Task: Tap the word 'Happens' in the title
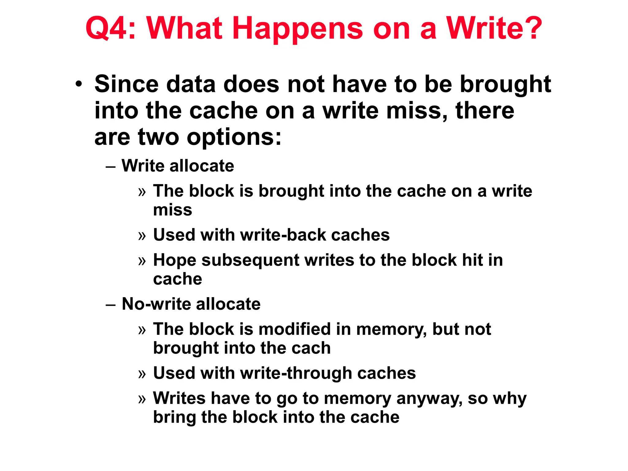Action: pyautogui.click(x=297, y=29)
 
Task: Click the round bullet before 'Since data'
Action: pyautogui.click(x=79, y=84)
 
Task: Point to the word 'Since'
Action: pyautogui.click(x=126, y=84)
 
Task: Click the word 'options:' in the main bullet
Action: pyautogui.click(x=234, y=137)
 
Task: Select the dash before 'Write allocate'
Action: pyautogui.click(x=110, y=167)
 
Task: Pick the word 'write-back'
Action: pyautogui.click(x=283, y=235)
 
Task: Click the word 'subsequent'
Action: pyautogui.click(x=250, y=261)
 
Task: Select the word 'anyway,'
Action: pyautogui.click(x=429, y=399)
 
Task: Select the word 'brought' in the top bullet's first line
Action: pyautogui.click(x=505, y=84)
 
